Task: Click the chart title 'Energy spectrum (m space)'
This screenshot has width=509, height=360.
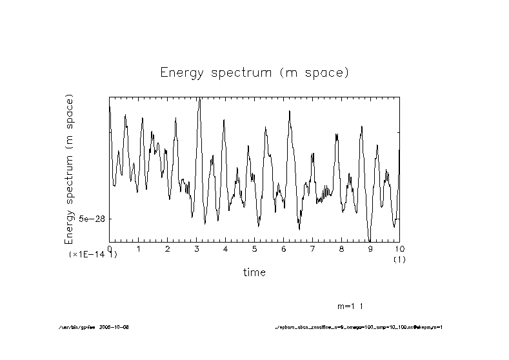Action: [x=254, y=72]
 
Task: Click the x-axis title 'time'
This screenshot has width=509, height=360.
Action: [x=254, y=272]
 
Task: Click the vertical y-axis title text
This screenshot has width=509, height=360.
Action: [x=69, y=169]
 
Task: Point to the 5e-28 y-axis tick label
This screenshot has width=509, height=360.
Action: [x=91, y=219]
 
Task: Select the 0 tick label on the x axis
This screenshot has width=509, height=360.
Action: [x=110, y=248]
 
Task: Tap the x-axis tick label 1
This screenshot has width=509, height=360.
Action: [x=138, y=248]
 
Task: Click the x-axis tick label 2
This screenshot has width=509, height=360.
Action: [x=167, y=248]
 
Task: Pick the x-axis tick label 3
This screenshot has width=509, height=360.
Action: [x=196, y=248]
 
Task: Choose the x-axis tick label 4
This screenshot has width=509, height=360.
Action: [x=225, y=248]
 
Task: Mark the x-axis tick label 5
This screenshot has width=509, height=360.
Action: [x=254, y=248]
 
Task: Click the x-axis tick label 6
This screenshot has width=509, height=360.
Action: [x=283, y=248]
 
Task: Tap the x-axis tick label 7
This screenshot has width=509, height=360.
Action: [x=312, y=248]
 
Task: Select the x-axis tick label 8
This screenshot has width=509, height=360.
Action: [x=341, y=248]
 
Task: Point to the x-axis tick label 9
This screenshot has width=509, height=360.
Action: [x=370, y=248]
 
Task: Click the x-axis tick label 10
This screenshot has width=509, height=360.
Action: [x=398, y=248]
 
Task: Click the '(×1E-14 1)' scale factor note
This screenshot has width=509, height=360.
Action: [x=93, y=255]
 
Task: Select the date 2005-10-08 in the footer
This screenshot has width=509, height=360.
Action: [x=117, y=327]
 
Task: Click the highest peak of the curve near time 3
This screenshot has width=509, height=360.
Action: [x=199, y=99]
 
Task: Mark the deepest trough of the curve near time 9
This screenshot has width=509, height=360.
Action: [x=369, y=240]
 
